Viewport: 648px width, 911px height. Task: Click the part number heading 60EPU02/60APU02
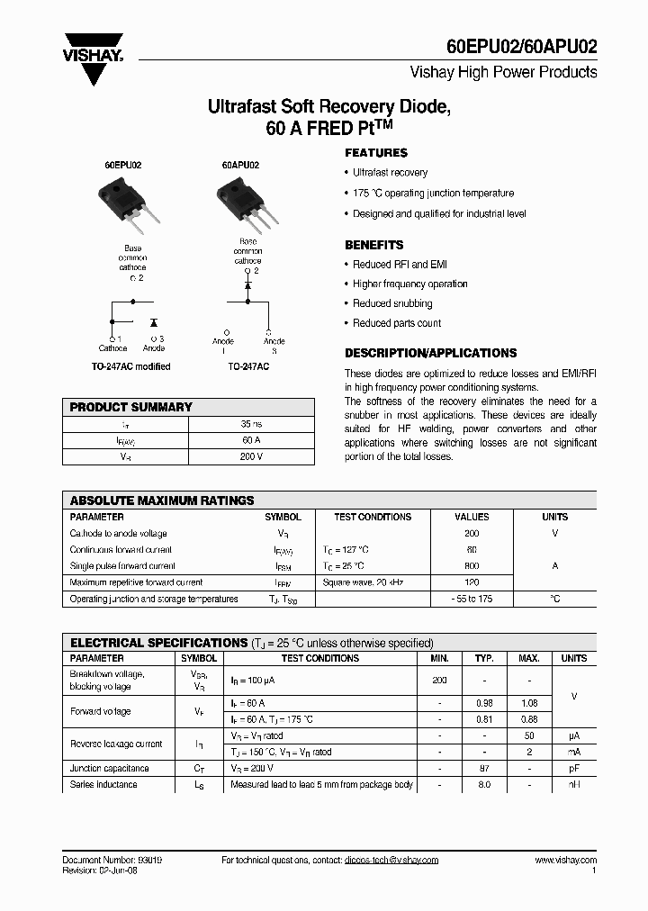click(x=521, y=48)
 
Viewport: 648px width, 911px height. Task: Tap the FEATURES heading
click(x=376, y=153)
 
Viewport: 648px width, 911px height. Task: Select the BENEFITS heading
click(x=374, y=245)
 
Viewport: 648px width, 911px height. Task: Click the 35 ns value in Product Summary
click(x=251, y=423)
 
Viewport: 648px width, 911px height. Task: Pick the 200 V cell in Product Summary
click(x=251, y=456)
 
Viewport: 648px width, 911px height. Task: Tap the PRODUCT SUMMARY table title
click(x=131, y=407)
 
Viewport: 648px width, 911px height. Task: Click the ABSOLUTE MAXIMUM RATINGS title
click(x=162, y=501)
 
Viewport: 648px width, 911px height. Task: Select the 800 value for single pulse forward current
click(x=472, y=566)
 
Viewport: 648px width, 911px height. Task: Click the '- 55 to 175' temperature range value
click(x=472, y=599)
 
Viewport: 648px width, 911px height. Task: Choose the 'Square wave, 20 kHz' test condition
click(x=364, y=582)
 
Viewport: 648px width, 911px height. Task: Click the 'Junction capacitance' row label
click(x=110, y=769)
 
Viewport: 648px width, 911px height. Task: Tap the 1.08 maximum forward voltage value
click(x=530, y=702)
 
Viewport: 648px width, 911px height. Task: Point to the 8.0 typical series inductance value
click(x=484, y=785)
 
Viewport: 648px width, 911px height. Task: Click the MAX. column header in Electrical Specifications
click(x=530, y=659)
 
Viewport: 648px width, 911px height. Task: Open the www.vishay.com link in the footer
click(x=565, y=861)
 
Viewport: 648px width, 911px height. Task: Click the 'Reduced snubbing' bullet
click(x=392, y=303)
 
